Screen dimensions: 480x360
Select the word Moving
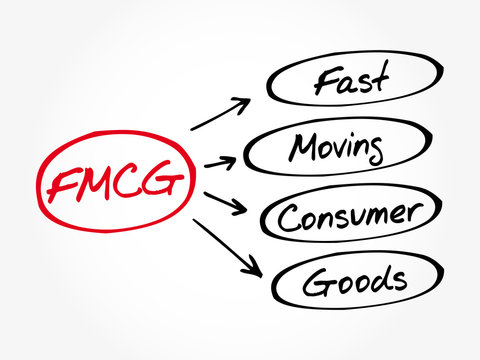(337, 149)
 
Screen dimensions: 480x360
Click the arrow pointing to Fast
(219, 115)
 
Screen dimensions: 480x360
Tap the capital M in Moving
(303, 149)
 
